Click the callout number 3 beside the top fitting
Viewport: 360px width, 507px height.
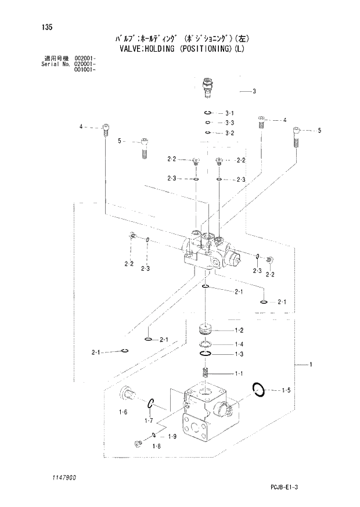coord(254,91)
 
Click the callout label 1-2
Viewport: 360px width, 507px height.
coord(239,330)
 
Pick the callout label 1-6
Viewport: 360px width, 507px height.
coord(123,412)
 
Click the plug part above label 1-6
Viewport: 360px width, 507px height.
coord(126,395)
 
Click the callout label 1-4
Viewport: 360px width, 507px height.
coord(239,344)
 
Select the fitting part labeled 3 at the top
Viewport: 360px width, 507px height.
coord(207,88)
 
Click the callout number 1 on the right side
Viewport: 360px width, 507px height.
coord(311,365)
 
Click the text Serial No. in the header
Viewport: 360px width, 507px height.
coord(48,64)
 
